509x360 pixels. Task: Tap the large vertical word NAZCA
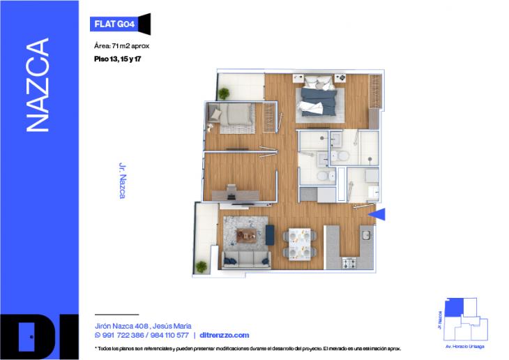tap(38, 85)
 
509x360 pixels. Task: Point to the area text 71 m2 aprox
tap(121, 46)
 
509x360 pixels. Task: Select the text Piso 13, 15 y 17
tap(122, 59)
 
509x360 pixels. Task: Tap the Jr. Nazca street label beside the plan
tap(122, 181)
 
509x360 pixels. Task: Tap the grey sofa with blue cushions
tap(245, 260)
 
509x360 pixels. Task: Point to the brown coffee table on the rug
tap(245, 235)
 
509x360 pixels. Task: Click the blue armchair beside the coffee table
tap(270, 235)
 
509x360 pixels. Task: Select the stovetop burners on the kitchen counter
tap(349, 262)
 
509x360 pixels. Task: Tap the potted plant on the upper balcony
tap(225, 93)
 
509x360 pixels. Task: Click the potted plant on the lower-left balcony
tap(202, 266)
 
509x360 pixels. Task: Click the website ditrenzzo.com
tap(225, 336)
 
